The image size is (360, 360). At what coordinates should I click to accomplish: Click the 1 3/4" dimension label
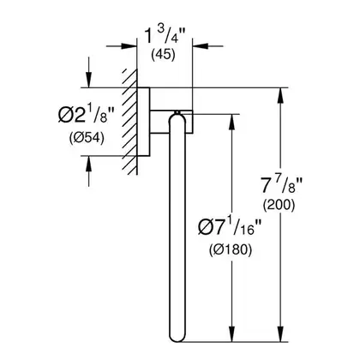(x=165, y=36)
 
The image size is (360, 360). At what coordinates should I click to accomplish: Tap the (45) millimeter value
(x=163, y=55)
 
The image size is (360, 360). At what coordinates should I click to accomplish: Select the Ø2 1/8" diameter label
(x=86, y=115)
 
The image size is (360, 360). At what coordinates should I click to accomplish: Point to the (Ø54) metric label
(x=87, y=138)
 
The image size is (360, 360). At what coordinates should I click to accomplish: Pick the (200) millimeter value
(x=279, y=205)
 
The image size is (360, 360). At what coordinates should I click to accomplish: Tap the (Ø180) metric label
(x=231, y=250)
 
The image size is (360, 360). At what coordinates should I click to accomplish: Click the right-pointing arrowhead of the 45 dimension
(x=129, y=45)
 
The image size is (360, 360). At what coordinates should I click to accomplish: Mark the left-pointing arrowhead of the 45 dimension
(x=201, y=45)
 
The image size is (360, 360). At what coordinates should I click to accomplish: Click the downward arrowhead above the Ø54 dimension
(x=89, y=80)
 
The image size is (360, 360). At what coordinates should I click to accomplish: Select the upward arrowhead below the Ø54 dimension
(x=89, y=164)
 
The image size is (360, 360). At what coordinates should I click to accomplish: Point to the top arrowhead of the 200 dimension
(x=281, y=95)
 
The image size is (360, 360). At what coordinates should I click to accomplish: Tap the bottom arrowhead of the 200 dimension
(x=281, y=333)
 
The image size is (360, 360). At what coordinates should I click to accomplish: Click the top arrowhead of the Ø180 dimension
(x=232, y=123)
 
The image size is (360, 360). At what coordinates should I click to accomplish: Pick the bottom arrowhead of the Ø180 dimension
(x=232, y=333)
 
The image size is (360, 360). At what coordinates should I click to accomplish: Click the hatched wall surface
(x=130, y=122)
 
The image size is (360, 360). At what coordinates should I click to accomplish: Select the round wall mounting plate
(x=143, y=122)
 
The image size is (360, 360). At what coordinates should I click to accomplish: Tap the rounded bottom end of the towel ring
(x=177, y=336)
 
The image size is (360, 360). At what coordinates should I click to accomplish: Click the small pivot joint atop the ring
(x=177, y=112)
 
